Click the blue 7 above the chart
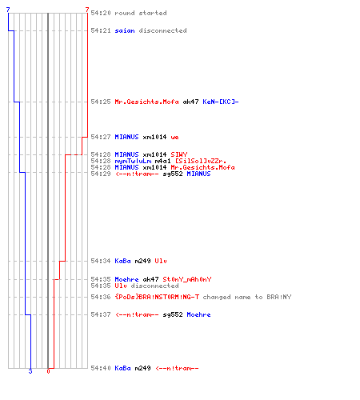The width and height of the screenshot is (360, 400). point(8,10)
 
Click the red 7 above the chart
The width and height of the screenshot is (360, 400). point(87,10)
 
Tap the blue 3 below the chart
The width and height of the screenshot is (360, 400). point(30,371)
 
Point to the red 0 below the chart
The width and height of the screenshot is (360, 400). point(48,371)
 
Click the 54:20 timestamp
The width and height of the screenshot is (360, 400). point(101,13)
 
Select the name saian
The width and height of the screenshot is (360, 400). point(125,30)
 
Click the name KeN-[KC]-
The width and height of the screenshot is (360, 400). point(221,102)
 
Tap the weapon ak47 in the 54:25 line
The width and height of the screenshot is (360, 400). point(190,102)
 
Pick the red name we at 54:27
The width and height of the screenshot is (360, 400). point(175,138)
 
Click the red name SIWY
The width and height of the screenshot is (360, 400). point(179,154)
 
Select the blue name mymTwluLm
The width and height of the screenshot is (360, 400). point(133,161)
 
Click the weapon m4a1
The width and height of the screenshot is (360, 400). point(162,161)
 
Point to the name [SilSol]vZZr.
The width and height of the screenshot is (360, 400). point(201,161)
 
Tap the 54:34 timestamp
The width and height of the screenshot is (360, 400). point(101,261)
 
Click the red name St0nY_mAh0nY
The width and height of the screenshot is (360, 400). point(187,279)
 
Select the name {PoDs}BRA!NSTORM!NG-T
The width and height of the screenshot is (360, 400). point(157,297)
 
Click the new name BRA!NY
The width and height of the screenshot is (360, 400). point(279,297)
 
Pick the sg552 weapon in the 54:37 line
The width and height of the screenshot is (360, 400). point(173,314)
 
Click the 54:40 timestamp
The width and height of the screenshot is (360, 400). point(101,368)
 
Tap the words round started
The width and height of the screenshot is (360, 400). point(141,13)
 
